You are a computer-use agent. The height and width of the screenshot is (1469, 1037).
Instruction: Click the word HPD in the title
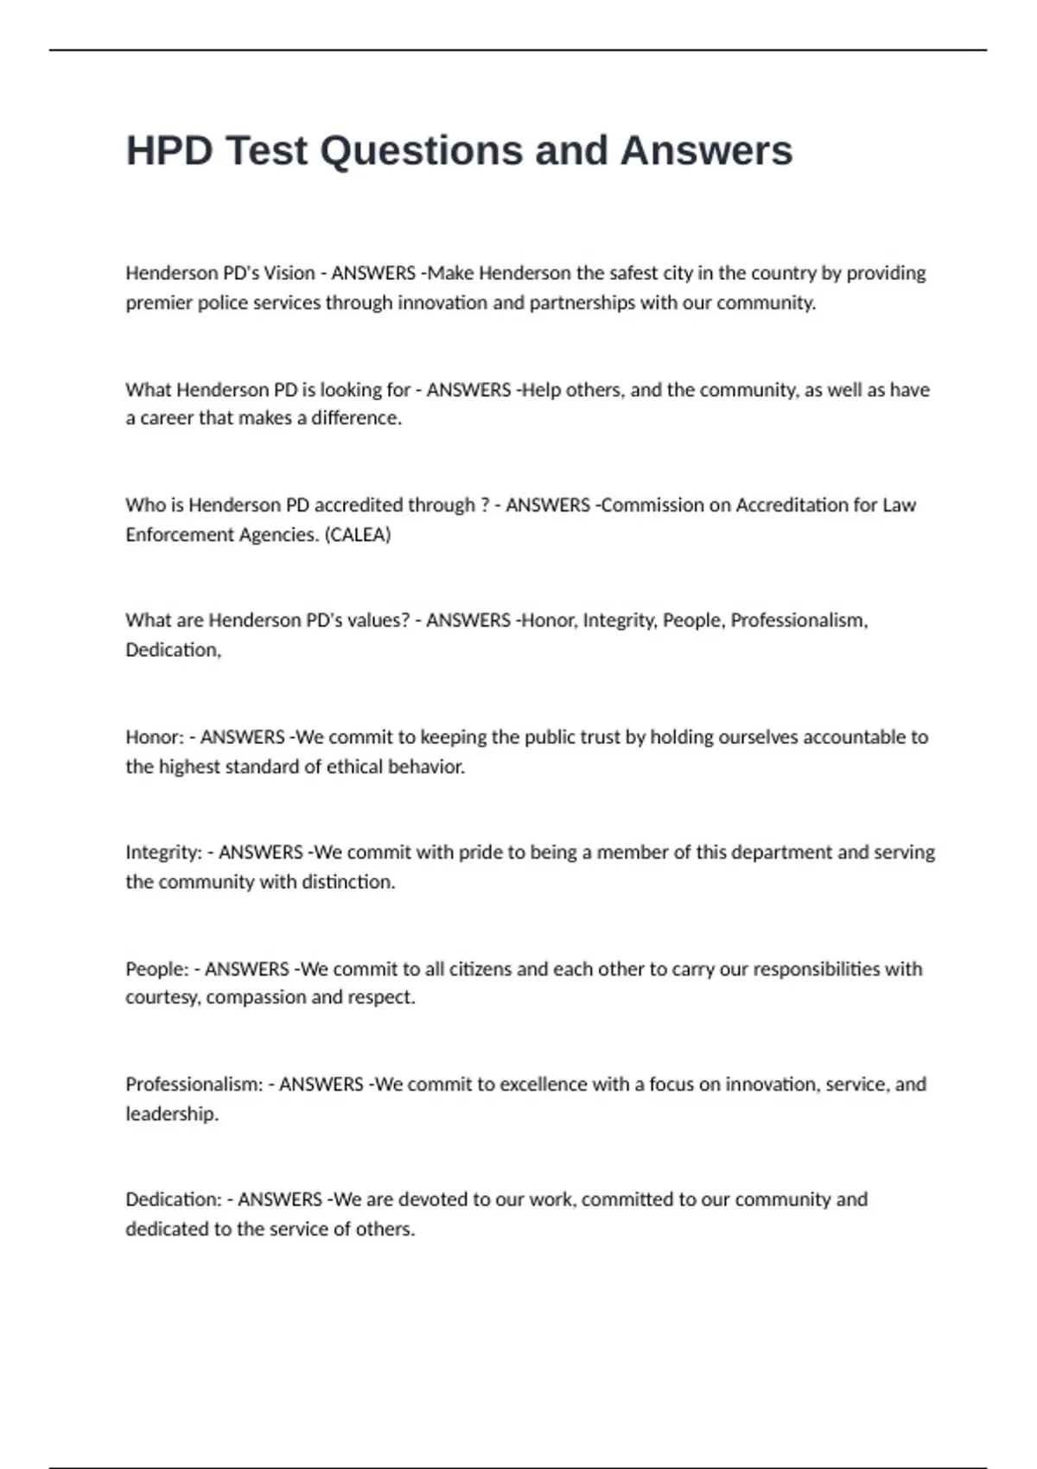point(169,151)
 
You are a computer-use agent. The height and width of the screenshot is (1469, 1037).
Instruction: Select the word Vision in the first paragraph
point(289,274)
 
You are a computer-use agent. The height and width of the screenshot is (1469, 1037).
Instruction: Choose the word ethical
point(341,767)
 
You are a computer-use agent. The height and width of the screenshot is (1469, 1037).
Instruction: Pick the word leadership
point(172,1115)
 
